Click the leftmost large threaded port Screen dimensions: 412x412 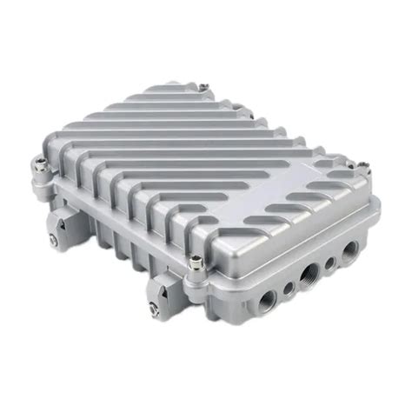pyautogui.click(x=266, y=300)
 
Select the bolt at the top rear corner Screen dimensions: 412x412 pyautogui.click(x=202, y=87)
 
